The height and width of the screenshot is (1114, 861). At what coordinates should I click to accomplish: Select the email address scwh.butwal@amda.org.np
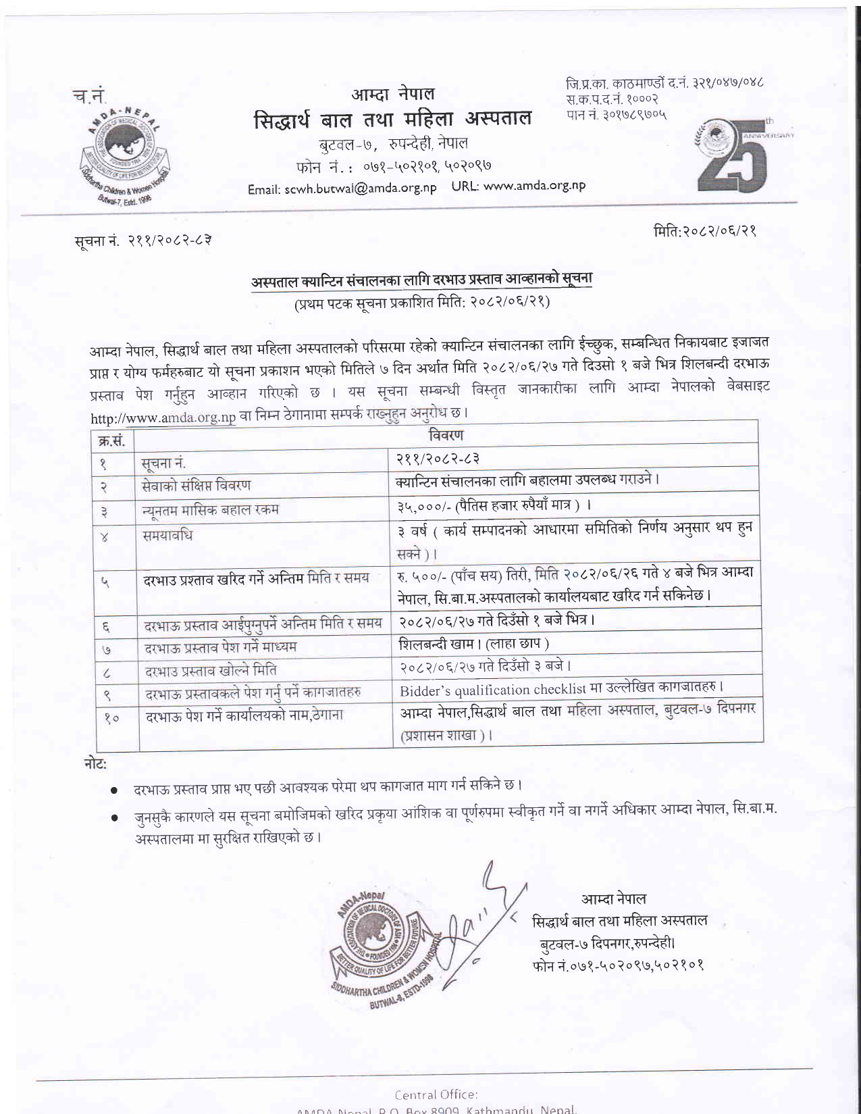pos(342,188)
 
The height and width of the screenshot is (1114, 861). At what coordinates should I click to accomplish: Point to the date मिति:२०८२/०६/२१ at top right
pos(704,231)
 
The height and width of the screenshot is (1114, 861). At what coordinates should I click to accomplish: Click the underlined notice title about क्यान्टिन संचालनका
pos(421,280)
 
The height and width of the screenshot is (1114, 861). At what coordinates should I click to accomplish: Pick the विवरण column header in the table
pos(446,434)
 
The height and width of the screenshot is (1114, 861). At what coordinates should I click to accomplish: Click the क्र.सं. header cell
pos(111,441)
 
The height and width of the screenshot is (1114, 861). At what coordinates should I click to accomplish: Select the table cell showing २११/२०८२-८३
pos(438,459)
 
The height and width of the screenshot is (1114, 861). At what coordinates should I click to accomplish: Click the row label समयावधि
pos(167,536)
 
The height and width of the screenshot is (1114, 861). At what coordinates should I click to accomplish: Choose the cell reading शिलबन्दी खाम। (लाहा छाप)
pos(474,644)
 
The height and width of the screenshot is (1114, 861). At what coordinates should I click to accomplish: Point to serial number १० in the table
pos(111,718)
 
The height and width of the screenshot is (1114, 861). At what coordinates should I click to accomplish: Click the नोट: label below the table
pos(95,763)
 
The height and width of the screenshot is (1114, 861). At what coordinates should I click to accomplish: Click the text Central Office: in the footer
pos(436,1094)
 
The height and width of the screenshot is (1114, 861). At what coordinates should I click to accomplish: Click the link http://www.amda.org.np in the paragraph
pos(163,418)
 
